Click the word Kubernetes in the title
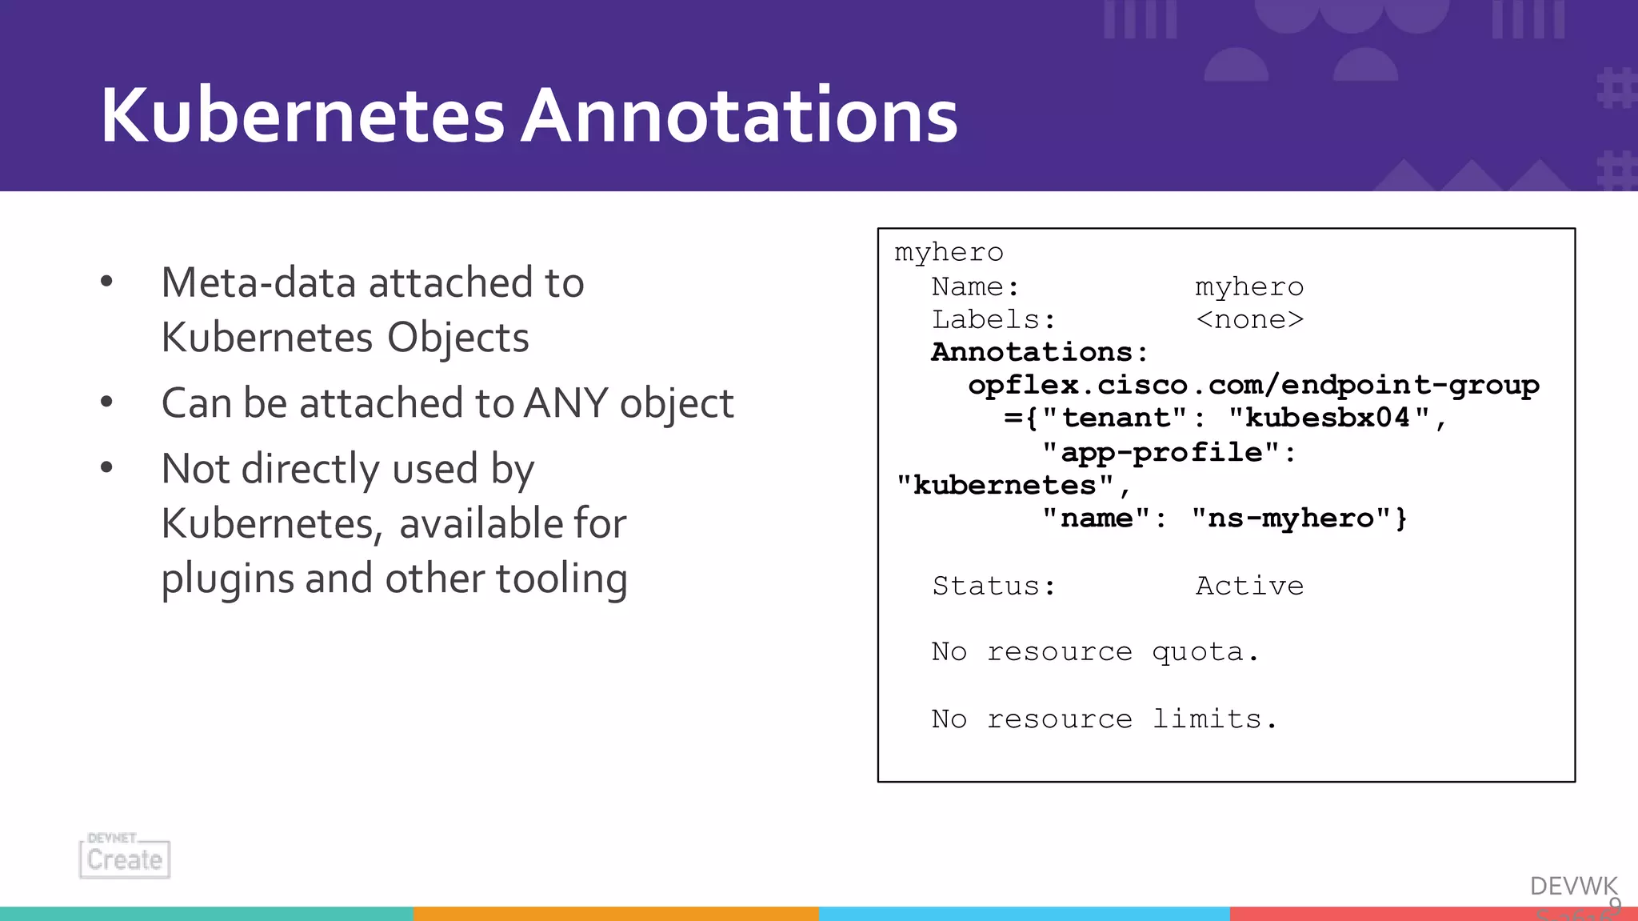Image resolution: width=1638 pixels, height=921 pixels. coord(302,116)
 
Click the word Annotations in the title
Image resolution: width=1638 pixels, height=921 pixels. coord(739,116)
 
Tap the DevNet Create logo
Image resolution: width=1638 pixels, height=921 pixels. coord(125,857)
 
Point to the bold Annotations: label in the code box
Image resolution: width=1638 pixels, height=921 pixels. coord(1039,352)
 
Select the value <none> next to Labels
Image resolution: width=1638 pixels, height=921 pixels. coord(1249,319)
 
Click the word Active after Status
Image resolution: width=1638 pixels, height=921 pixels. coord(1249,586)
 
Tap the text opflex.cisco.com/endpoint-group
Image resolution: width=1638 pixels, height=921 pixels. coord(1252,385)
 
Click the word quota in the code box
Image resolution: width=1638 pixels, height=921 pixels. coord(1197,652)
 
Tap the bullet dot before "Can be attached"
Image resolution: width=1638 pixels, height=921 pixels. coord(106,402)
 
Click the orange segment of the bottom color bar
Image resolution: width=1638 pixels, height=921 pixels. coord(616,913)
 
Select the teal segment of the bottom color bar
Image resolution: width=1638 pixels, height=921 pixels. coord(206,913)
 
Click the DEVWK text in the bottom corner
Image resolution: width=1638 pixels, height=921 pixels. coord(1572,886)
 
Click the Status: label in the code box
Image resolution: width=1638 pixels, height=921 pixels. coord(993,586)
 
